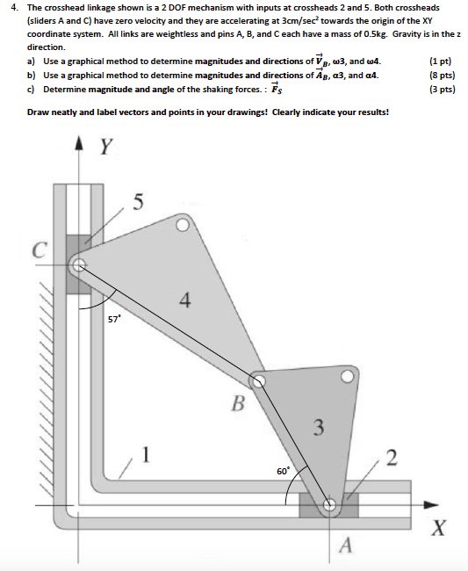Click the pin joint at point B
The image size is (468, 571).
tap(258, 380)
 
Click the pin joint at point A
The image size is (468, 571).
tap(330, 505)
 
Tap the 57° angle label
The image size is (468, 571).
tap(114, 320)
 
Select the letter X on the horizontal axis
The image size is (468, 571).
tap(436, 528)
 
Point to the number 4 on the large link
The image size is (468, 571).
tap(184, 300)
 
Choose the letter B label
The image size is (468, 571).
tap(235, 403)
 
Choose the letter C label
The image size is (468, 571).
tap(40, 249)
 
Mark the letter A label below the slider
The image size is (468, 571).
tap(345, 546)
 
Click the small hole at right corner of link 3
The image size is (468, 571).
tap(348, 378)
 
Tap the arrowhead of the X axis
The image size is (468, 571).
tap(430, 505)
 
